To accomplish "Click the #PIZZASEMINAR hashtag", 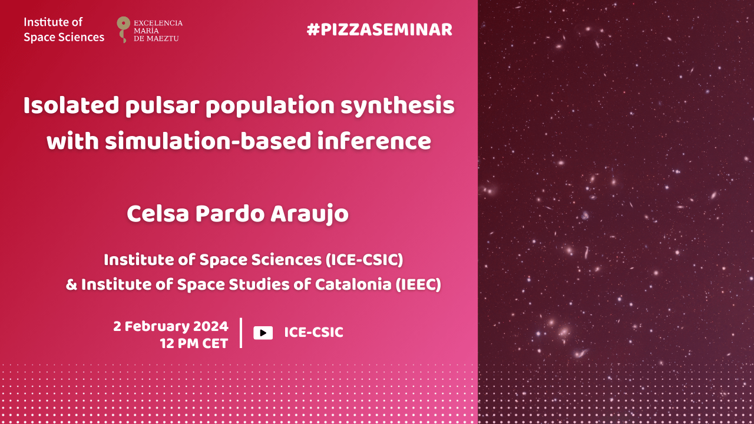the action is click(379, 29).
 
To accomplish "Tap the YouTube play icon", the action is click(263, 333).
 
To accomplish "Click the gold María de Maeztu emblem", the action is click(123, 29).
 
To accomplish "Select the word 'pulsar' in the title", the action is click(164, 106).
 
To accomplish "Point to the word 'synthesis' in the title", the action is click(397, 106).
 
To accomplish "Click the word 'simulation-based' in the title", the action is click(208, 141).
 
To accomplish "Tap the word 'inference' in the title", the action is click(374, 141).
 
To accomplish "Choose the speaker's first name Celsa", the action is click(158, 214).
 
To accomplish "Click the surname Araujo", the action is click(310, 214).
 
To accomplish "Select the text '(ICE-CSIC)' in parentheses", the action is click(364, 260).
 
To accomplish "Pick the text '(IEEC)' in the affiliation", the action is click(418, 284).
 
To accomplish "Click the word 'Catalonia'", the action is click(353, 284).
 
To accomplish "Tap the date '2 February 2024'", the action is click(171, 326).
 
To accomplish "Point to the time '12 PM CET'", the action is click(194, 344).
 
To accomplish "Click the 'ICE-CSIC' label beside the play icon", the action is click(314, 333).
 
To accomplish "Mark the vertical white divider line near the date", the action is click(241, 333).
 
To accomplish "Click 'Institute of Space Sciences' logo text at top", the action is click(64, 29).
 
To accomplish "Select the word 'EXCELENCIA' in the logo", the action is click(158, 23).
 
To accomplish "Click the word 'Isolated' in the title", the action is click(71, 105).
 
